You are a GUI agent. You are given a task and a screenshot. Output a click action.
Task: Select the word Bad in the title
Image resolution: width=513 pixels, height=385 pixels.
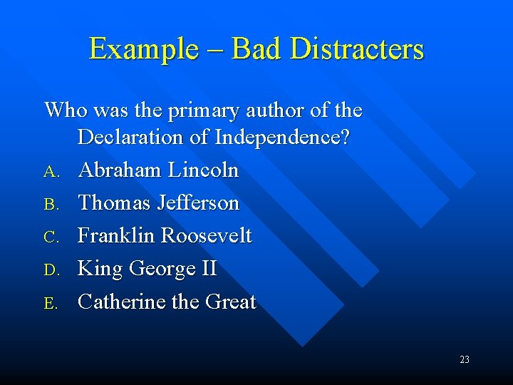pos(254,49)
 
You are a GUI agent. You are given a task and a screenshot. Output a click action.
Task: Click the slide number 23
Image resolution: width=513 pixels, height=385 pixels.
pos(465,359)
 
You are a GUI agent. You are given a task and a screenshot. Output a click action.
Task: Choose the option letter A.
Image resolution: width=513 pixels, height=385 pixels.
pos(50,172)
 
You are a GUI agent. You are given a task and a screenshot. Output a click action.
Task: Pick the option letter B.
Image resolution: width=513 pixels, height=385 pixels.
pos(50,205)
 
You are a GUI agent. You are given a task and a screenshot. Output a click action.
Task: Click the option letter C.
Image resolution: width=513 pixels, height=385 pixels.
pos(50,237)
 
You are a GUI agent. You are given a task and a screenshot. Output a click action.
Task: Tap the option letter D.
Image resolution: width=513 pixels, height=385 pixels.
pos(50,270)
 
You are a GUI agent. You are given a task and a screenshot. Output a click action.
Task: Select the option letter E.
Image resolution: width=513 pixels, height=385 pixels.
pos(50,303)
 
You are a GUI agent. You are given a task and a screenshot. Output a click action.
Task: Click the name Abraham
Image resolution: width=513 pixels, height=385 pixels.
pos(120,170)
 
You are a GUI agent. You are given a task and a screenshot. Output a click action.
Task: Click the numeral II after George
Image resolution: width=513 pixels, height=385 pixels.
pos(208,269)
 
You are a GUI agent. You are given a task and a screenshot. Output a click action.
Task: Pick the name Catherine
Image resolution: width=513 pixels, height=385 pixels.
pos(122,302)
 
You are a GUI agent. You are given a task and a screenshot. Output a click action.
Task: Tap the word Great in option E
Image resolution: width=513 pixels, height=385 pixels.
pos(230,302)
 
